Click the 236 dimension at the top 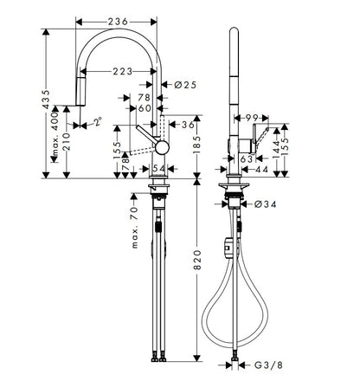(x=118, y=22)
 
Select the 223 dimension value (x=122, y=71)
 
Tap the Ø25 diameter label (x=185, y=85)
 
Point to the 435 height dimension (x=46, y=100)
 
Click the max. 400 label (x=55, y=133)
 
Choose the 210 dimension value (x=67, y=141)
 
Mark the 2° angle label (x=98, y=121)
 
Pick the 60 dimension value (x=145, y=108)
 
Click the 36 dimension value (x=188, y=125)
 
